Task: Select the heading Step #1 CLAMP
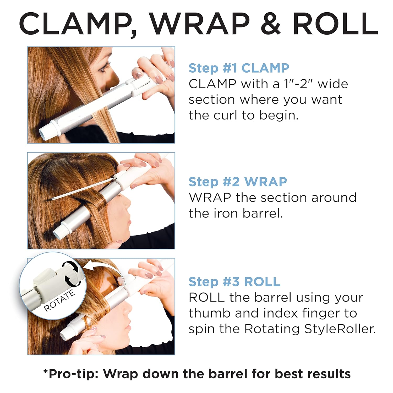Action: (239, 68)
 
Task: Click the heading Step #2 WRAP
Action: (238, 182)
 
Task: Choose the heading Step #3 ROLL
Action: (234, 282)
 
